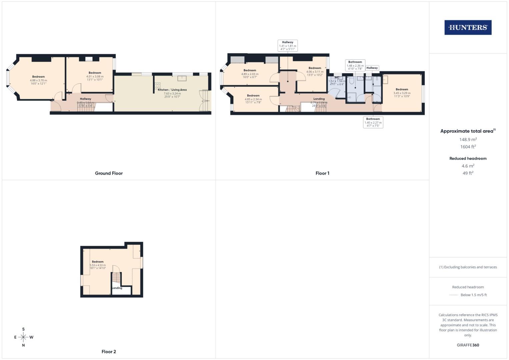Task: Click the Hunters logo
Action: (x=468, y=28)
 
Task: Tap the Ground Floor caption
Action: (x=109, y=173)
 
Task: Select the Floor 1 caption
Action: (x=322, y=173)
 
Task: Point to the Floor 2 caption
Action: (x=109, y=352)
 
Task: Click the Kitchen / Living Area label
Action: (x=172, y=90)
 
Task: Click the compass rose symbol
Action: (x=23, y=337)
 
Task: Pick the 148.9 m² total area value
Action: (x=468, y=140)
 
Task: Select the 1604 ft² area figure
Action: (x=468, y=147)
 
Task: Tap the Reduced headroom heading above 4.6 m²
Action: (x=468, y=158)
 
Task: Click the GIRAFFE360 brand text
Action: (x=468, y=345)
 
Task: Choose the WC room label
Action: (x=337, y=77)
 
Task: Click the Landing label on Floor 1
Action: (x=319, y=99)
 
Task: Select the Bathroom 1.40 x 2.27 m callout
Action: (x=373, y=122)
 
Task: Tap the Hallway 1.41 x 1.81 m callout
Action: (x=288, y=46)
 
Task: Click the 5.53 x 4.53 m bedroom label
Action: (x=98, y=265)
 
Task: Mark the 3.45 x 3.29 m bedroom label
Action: (x=402, y=93)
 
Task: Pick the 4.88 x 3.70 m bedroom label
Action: (x=38, y=80)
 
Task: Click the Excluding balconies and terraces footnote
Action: (x=468, y=267)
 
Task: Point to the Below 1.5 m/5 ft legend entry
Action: (x=473, y=295)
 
